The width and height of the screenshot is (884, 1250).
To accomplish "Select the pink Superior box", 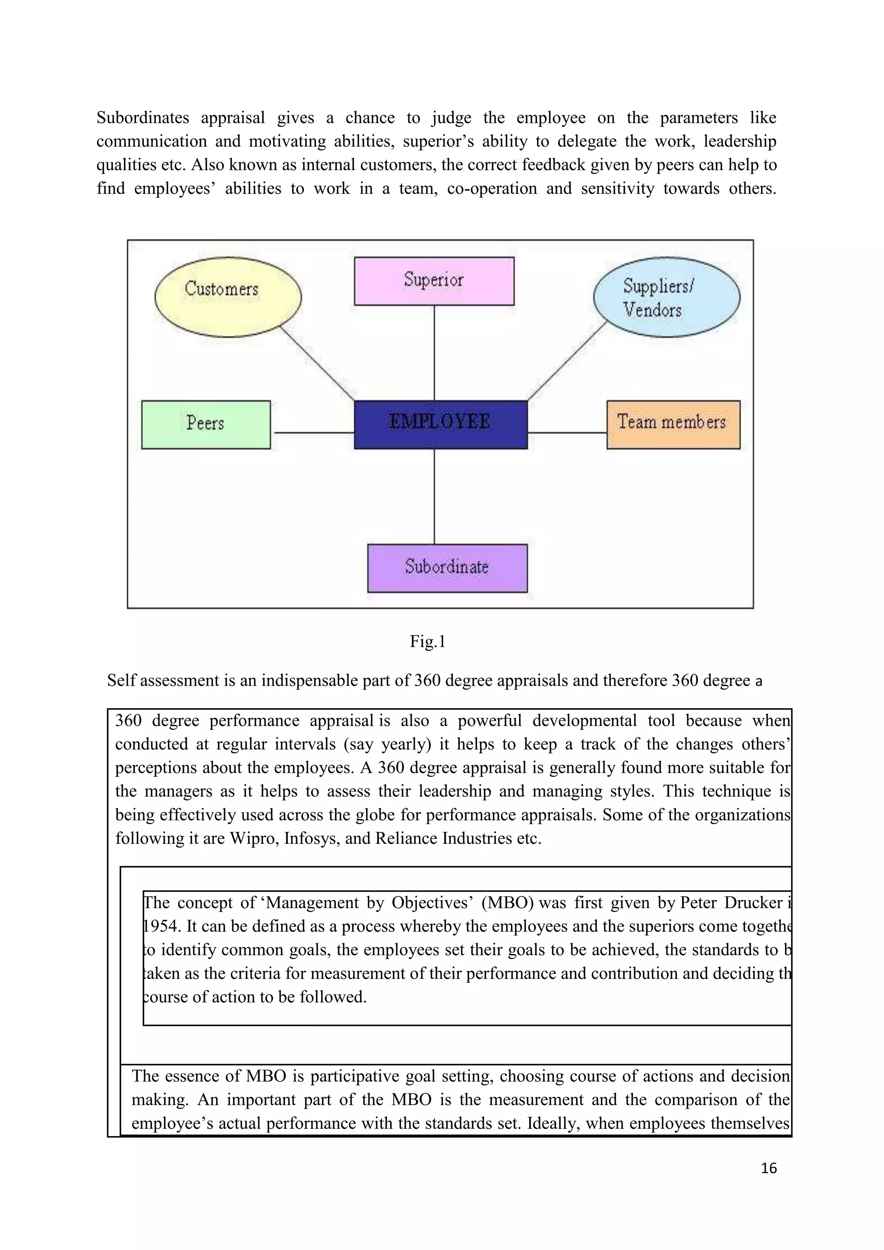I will click(x=434, y=281).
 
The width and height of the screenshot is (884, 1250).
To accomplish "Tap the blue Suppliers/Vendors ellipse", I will click(x=666, y=297).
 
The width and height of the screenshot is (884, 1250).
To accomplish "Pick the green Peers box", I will click(x=206, y=425).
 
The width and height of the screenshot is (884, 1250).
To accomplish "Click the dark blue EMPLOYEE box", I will click(x=440, y=425).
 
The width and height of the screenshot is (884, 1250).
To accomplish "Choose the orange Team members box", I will click(x=673, y=425).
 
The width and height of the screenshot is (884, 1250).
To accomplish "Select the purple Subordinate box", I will click(x=447, y=568).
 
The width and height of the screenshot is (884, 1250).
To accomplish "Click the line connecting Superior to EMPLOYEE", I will click(x=434, y=353).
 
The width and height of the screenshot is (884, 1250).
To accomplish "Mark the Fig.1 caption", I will click(x=427, y=642).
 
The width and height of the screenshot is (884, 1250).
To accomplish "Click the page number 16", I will click(x=769, y=1168).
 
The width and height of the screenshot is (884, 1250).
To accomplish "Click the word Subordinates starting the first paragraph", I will click(x=142, y=117).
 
